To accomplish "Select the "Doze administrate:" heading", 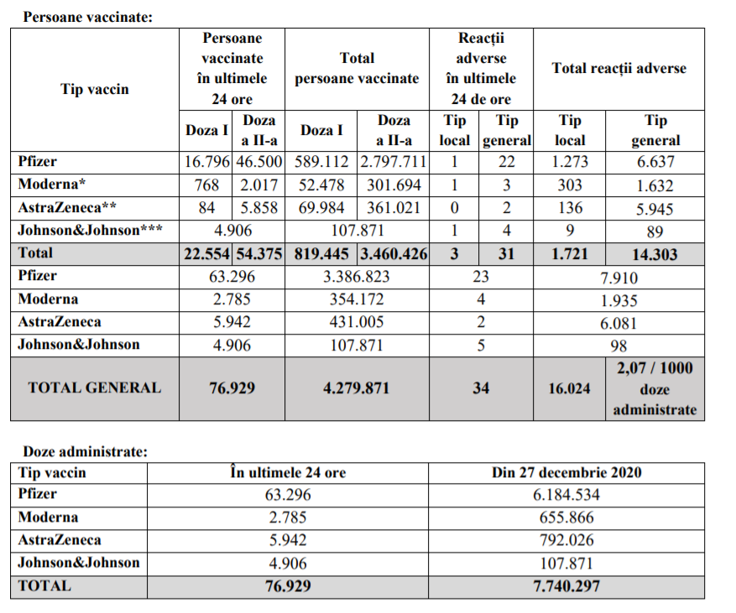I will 85,452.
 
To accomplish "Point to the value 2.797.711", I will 393,163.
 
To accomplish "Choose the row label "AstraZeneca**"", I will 68,207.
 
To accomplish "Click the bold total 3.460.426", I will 393,253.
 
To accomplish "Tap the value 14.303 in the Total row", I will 655,253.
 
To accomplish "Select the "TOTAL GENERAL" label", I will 94,387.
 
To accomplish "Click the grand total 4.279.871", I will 356,388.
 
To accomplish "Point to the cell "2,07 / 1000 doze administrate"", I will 655,388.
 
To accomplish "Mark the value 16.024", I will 570,388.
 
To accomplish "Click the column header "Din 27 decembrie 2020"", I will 566,473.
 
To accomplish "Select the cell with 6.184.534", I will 566,495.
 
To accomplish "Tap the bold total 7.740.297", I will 566,586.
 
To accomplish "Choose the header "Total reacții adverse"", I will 619,69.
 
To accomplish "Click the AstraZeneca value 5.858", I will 258,207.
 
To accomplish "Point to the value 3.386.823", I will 356,276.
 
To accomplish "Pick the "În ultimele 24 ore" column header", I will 288,473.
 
